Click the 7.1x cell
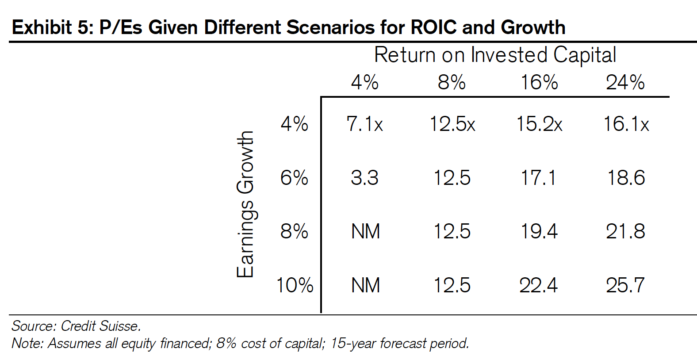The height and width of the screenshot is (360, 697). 364,124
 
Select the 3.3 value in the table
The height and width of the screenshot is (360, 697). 364,178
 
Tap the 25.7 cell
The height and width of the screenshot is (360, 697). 625,285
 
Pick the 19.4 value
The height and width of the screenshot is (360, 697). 539,231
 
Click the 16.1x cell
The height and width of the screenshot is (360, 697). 626,124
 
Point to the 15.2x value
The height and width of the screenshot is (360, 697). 539,124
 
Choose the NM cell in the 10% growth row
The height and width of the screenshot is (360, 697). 366,285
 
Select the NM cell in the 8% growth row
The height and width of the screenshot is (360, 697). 366,231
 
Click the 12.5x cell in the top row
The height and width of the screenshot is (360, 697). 452,124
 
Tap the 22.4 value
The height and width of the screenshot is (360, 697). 539,285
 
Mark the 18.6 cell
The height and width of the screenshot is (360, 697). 626,178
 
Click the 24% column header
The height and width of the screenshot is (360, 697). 625,82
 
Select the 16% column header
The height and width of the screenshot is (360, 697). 539,82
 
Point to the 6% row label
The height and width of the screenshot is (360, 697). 294,178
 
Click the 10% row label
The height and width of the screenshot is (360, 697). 295,285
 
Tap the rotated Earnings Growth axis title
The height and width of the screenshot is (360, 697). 245,204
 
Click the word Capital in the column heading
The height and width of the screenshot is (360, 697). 585,55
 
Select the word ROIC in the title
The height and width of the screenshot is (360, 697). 433,27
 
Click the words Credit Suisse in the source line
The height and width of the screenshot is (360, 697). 101,326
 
